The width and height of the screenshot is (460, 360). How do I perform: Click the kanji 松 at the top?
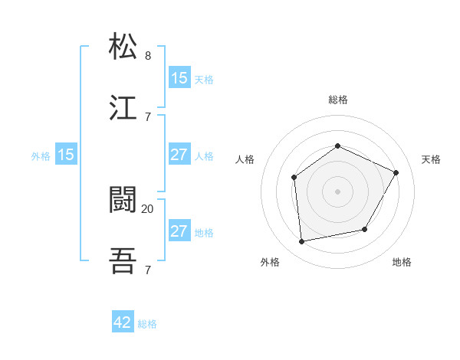coord(123,47)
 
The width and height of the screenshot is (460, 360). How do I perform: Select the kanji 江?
coord(123,108)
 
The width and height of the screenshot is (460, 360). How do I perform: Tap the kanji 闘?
coord(123,200)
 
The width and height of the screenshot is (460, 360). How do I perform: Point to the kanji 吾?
coord(123,261)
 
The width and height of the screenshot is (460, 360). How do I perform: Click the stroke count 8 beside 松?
coord(148,56)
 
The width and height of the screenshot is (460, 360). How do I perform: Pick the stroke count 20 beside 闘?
coord(148,208)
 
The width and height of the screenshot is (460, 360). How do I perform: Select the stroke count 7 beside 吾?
coord(148,270)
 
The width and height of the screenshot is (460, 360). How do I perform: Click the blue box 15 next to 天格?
coord(179,78)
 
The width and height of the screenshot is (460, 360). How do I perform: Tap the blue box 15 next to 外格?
coord(66,155)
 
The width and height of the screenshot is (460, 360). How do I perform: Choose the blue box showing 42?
coord(123,323)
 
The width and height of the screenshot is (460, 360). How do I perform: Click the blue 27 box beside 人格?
coord(179,155)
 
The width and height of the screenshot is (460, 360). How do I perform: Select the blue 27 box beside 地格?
coord(179,231)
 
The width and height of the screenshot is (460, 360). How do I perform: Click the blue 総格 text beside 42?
coord(147,324)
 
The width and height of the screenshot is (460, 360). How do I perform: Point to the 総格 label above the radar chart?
coord(337,100)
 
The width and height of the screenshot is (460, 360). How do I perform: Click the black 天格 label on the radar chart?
coord(431,159)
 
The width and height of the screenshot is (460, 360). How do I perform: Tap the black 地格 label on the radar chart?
coord(402,262)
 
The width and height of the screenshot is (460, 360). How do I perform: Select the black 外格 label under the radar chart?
coord(270,262)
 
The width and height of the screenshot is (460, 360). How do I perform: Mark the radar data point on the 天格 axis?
coord(396,172)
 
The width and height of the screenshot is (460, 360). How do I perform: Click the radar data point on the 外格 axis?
coord(302,242)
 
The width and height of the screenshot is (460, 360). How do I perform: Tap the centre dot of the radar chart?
coord(337,191)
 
